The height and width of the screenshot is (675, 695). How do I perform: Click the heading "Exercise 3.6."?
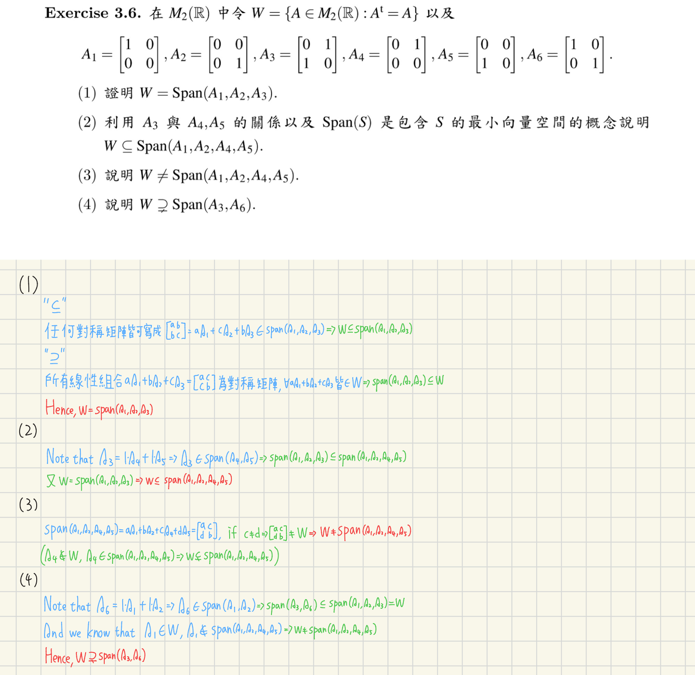pyautogui.click(x=93, y=13)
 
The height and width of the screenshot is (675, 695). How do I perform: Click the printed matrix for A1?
pyautogui.click(x=139, y=55)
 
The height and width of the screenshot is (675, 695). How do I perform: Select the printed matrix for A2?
pyautogui.click(x=228, y=55)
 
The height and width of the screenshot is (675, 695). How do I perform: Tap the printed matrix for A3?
pyautogui.click(x=317, y=55)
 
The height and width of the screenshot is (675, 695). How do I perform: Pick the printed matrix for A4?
pyautogui.click(x=406, y=55)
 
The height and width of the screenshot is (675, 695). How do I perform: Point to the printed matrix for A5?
pyautogui.click(x=495, y=55)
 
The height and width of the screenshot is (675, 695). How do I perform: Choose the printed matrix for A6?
pyautogui.click(x=584, y=55)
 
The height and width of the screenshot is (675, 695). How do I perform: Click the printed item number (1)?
pyautogui.click(x=87, y=93)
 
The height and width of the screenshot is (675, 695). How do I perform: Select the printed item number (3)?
pyautogui.click(x=87, y=175)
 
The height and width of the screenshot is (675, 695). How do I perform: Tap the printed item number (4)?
pyautogui.click(x=87, y=205)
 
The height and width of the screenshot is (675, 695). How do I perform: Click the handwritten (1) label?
pyautogui.click(x=28, y=285)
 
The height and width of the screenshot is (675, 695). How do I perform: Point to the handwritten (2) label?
pyautogui.click(x=28, y=430)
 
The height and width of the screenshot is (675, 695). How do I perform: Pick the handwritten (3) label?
pyautogui.click(x=28, y=505)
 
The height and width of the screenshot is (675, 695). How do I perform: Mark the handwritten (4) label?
pyautogui.click(x=29, y=580)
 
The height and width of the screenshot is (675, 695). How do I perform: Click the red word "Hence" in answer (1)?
pyautogui.click(x=60, y=409)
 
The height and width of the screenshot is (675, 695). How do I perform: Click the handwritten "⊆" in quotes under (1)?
pyautogui.click(x=55, y=306)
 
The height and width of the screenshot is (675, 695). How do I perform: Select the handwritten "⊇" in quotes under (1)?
pyautogui.click(x=55, y=356)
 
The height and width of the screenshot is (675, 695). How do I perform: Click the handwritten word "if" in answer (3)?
pyautogui.click(x=232, y=532)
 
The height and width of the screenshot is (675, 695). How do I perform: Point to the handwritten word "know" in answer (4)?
pyautogui.click(x=98, y=631)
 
